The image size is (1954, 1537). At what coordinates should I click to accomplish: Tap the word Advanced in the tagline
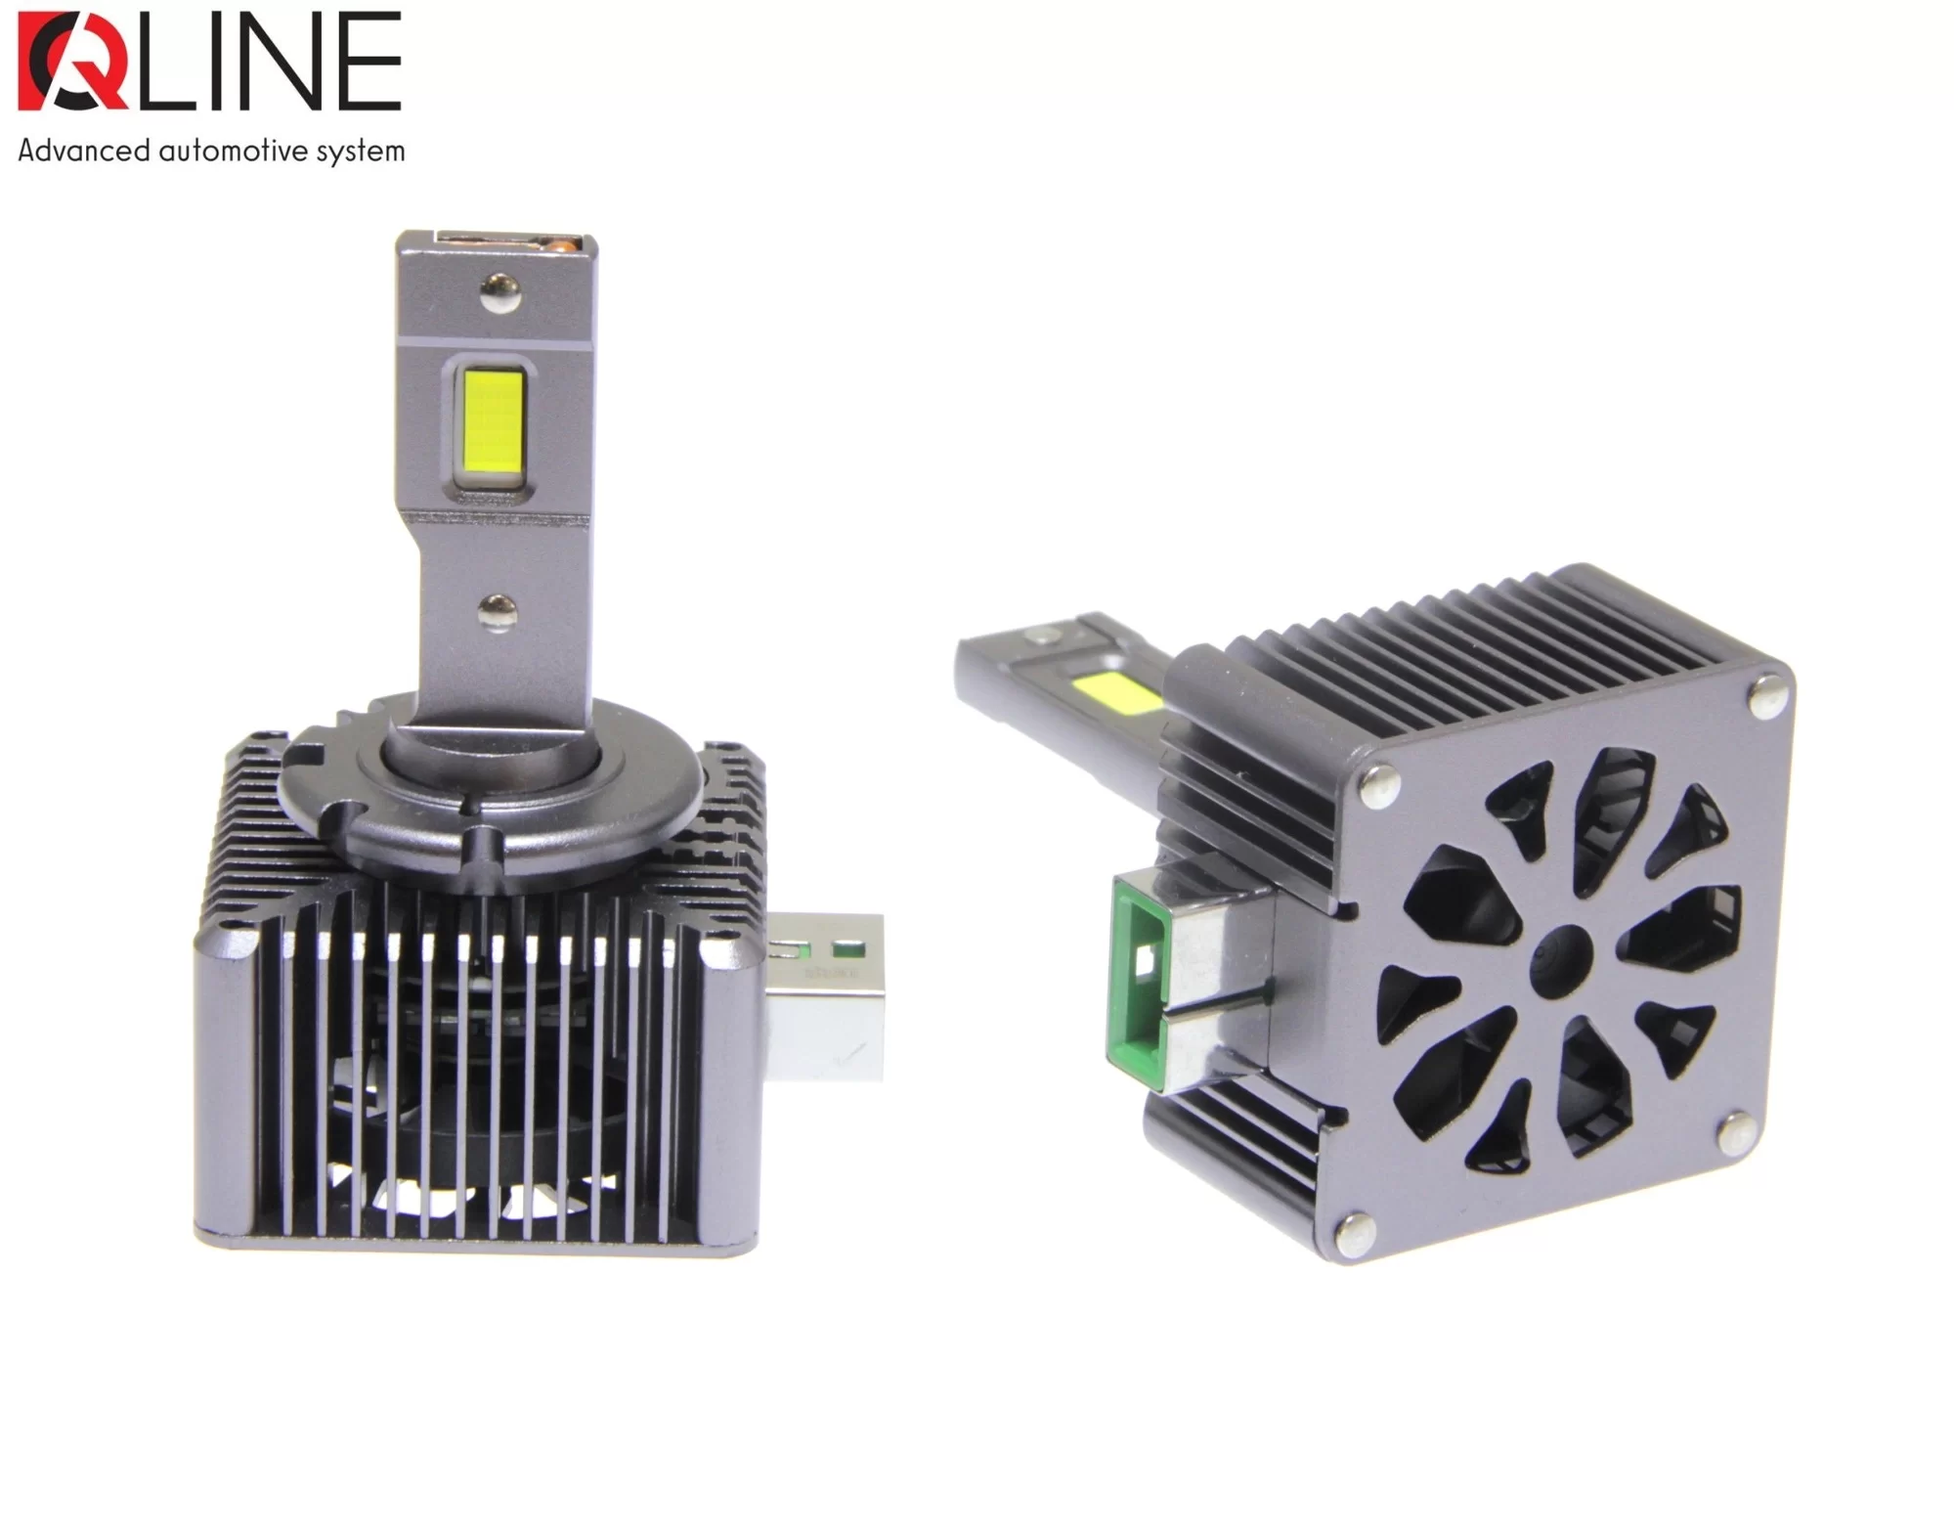[84, 151]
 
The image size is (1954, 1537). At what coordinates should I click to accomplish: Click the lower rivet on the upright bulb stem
[499, 611]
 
